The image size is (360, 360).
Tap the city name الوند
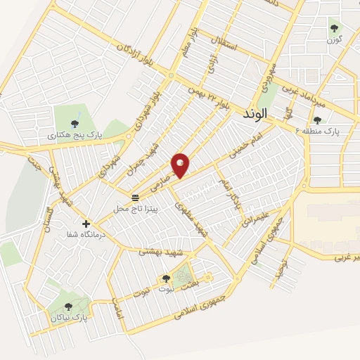click(x=254, y=113)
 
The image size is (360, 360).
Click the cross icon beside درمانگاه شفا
click(x=86, y=224)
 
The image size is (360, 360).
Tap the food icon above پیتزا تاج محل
click(x=136, y=197)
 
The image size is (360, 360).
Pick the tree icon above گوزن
click(x=334, y=28)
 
